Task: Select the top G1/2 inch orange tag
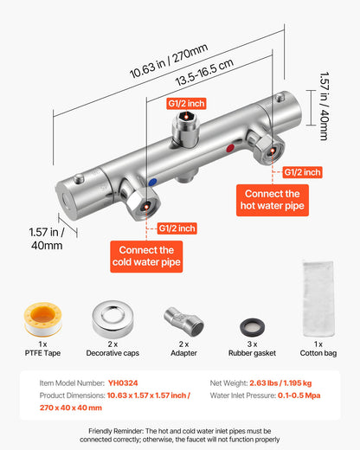point(186,104)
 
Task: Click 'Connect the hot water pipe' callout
point(273,201)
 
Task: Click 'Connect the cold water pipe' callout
point(145,255)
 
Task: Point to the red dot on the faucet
point(228,148)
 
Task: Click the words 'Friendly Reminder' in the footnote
point(117,430)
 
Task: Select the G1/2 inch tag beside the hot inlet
point(302,172)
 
